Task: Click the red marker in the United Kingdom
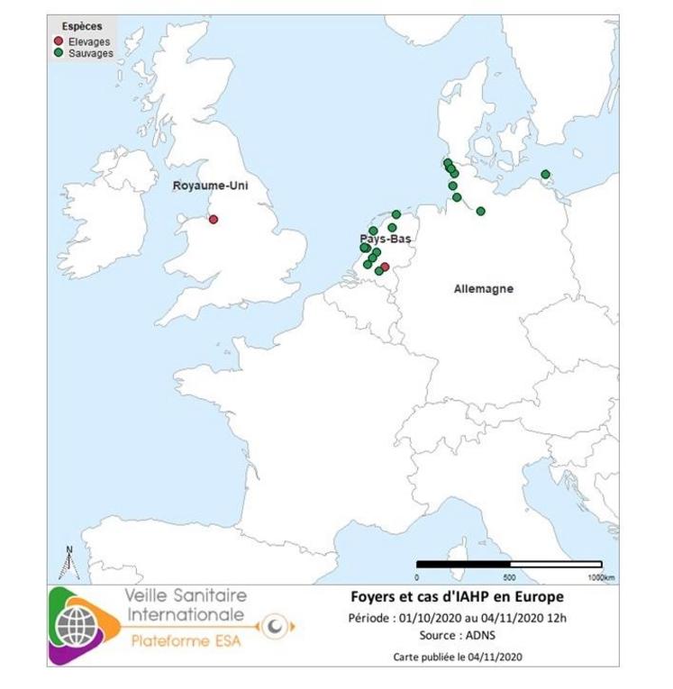(214, 219)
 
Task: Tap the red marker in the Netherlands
(385, 267)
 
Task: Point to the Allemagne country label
(483, 289)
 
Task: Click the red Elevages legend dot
(59, 41)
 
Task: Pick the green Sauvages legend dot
(59, 53)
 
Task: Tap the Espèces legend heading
(82, 27)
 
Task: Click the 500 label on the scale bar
(509, 576)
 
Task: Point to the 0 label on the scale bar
(417, 576)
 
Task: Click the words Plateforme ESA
(186, 642)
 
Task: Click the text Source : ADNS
(456, 635)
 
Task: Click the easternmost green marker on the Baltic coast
(545, 175)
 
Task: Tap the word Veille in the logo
(151, 596)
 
